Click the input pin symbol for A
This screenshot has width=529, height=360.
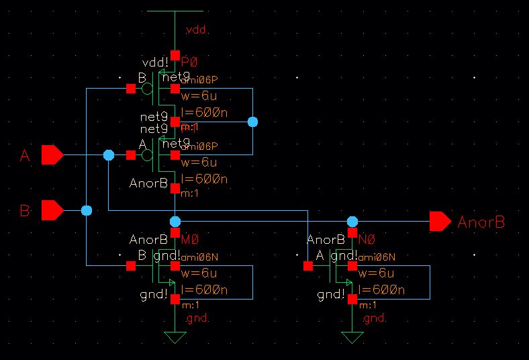pyautogui.click(x=52, y=155)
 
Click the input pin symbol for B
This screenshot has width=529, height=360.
pyautogui.click(x=52, y=211)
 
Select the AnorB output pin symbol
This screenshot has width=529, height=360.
pyautogui.click(x=440, y=221)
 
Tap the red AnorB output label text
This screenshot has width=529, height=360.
pyautogui.click(x=481, y=222)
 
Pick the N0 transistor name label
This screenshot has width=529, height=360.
pyautogui.click(x=368, y=238)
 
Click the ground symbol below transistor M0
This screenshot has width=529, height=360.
pyautogui.click(x=175, y=336)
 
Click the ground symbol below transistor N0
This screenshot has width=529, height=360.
pyautogui.click(x=352, y=336)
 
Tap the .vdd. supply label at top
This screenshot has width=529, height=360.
pyautogui.click(x=196, y=31)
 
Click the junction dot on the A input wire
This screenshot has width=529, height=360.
pyautogui.click(x=109, y=155)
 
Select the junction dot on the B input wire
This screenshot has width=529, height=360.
pyautogui.click(x=87, y=211)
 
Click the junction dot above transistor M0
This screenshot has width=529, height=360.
pyautogui.click(x=175, y=221)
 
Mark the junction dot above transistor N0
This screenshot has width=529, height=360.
pyautogui.click(x=352, y=221)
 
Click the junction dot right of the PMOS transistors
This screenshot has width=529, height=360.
pyautogui.click(x=252, y=122)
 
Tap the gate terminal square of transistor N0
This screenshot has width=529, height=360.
pyautogui.click(x=307, y=266)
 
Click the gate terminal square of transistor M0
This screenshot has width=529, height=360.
pyautogui.click(x=130, y=266)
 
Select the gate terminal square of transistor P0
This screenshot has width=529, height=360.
pyautogui.click(x=130, y=89)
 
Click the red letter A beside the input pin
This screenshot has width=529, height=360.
pyautogui.click(x=26, y=156)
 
